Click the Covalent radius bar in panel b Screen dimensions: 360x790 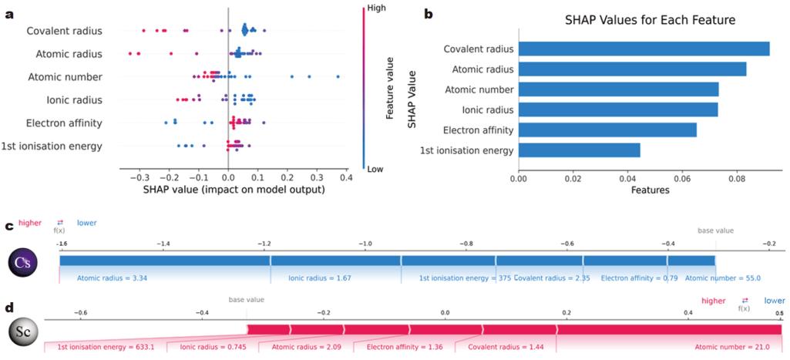[644, 49]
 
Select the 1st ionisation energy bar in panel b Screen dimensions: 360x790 [579, 150]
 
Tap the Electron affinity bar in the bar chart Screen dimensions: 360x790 [607, 130]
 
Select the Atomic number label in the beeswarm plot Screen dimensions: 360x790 [65, 77]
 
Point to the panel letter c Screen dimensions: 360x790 [8, 227]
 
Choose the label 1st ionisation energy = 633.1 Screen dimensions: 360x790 [106, 347]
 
